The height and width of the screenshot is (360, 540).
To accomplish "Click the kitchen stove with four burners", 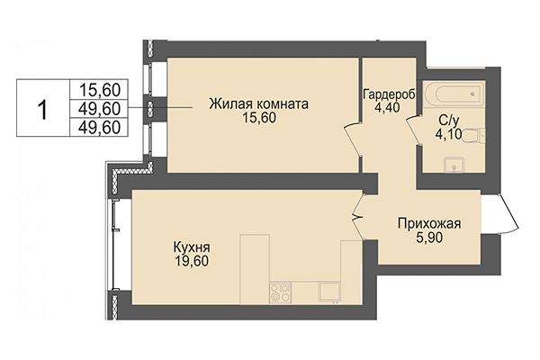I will (x=281, y=292).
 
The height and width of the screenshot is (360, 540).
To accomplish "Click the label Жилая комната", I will (x=258, y=103).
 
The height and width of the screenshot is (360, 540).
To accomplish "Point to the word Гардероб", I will (x=388, y=94).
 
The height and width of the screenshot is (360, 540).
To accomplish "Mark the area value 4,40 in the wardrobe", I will (x=388, y=109).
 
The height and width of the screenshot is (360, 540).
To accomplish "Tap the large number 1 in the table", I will (x=41, y=107).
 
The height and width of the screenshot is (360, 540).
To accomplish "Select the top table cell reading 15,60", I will (x=101, y=88).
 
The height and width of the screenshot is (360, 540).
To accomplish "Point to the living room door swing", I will (x=351, y=144).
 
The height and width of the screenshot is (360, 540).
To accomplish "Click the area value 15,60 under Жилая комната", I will (x=258, y=120).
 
